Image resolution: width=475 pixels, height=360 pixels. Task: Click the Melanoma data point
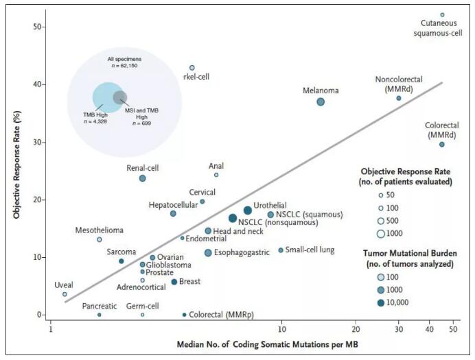coord(321,101)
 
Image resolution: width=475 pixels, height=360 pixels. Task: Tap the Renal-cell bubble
coord(142,178)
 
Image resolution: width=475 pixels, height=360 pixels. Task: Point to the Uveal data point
coord(65,294)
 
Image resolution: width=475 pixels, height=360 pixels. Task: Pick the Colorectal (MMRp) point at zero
coord(184,315)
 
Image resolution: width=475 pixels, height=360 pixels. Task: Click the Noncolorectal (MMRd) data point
coord(398,98)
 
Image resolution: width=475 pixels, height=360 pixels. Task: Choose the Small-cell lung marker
coord(281,250)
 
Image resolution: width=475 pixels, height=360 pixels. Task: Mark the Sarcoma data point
coord(121,261)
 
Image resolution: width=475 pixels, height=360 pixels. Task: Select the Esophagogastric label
coord(246,252)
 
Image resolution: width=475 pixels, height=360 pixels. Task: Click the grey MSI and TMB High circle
coord(119,97)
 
